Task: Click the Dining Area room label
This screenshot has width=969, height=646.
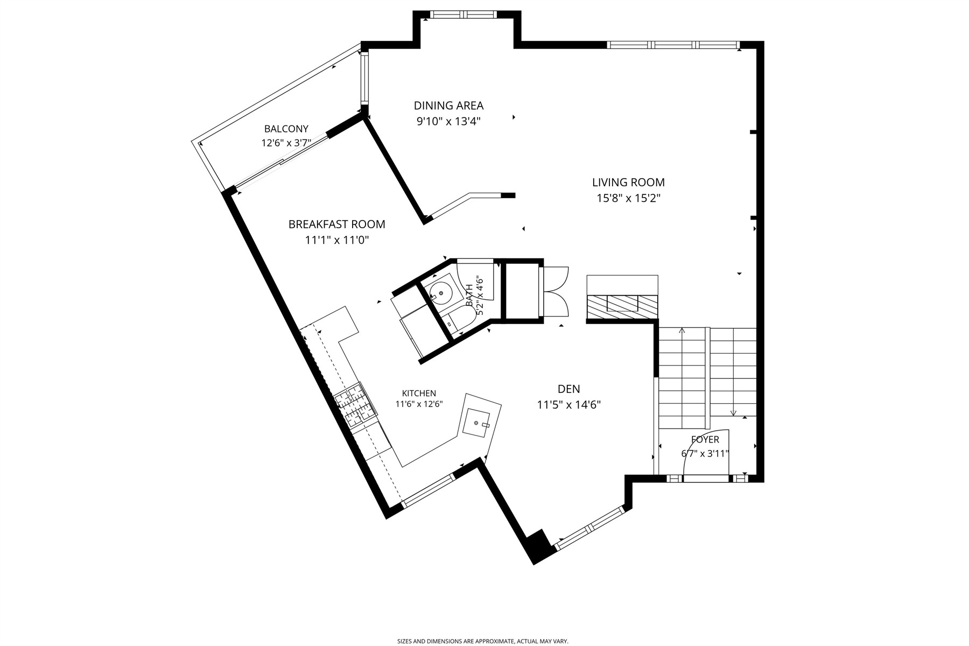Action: pos(448,106)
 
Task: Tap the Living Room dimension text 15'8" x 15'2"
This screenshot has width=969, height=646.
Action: pos(628,198)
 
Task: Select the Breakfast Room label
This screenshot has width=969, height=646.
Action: pos(337,224)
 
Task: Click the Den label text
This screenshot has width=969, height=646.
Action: pos(569,389)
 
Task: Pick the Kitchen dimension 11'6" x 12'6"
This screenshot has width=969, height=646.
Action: pos(419,404)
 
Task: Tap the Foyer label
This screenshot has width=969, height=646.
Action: pos(705,440)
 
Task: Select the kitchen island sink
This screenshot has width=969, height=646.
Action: pos(477,423)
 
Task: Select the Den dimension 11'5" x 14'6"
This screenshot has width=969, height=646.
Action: pos(569,404)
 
